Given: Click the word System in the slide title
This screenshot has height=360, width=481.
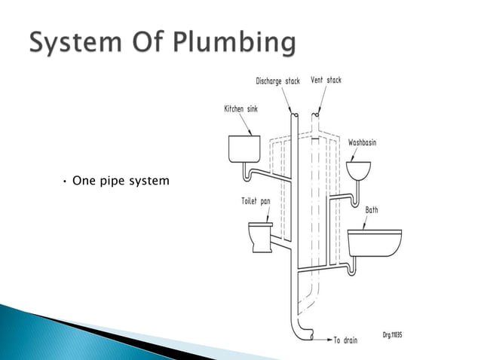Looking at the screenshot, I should pos(75,43).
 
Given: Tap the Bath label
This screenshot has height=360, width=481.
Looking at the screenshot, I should pos(372,210).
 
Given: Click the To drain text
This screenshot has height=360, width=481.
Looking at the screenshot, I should pos(350,340).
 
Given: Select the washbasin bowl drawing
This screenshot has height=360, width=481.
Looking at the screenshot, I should pos(360,170).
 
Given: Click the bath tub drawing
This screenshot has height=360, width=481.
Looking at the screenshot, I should pos(374,244).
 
